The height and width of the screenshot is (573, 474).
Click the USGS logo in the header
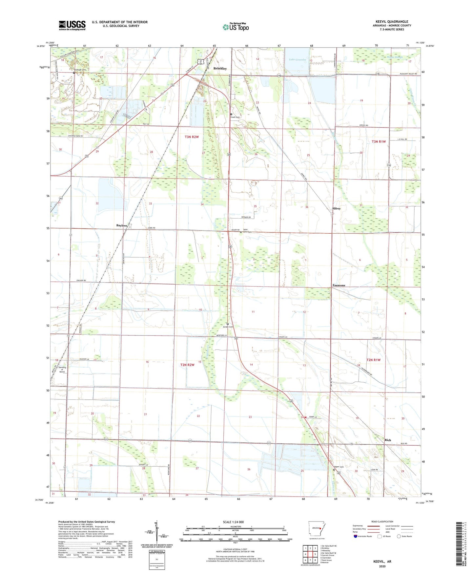(72, 25)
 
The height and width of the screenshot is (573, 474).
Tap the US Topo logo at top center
(236, 27)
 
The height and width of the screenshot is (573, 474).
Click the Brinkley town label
(220, 69)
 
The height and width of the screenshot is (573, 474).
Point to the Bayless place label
(122, 225)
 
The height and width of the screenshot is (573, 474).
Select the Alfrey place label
(336, 208)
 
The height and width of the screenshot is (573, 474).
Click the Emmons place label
(339, 285)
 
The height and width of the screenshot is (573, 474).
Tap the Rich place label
(388, 440)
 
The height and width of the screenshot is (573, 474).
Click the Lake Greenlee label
(297, 60)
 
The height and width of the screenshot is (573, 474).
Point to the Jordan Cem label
(228, 327)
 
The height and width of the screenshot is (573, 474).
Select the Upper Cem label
(339, 467)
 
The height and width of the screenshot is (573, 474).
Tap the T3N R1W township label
(379, 141)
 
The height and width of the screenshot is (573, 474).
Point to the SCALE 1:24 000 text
(233, 522)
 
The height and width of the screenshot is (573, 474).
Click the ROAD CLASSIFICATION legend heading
(382, 521)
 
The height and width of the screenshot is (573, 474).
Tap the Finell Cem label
(235, 117)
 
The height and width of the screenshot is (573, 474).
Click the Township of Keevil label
(62, 370)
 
